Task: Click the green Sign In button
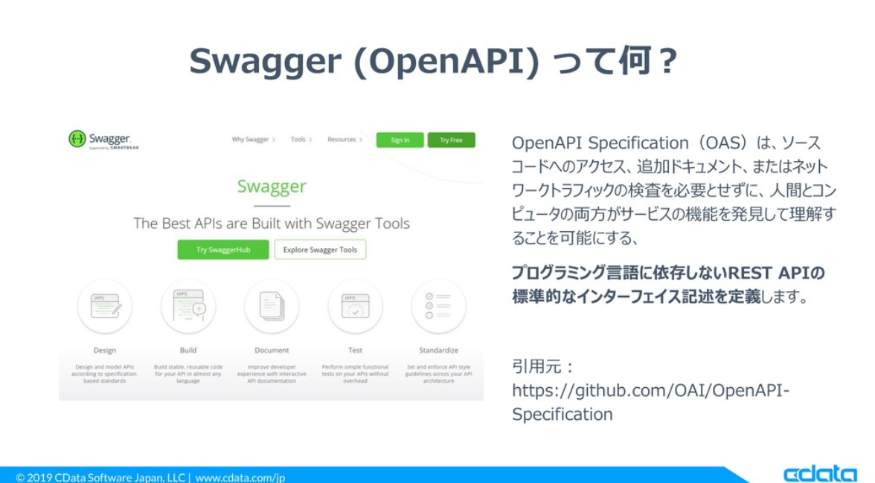click(x=400, y=140)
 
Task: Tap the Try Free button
click(x=451, y=140)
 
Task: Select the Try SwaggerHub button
click(x=223, y=250)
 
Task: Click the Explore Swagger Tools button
click(x=320, y=250)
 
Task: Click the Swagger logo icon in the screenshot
click(x=77, y=139)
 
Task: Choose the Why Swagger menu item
click(x=251, y=140)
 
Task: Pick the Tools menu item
click(x=299, y=140)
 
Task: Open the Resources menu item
click(x=342, y=140)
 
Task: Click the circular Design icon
click(x=105, y=307)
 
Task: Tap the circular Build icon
click(x=188, y=307)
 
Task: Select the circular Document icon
click(x=272, y=307)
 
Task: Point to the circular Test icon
click(x=355, y=307)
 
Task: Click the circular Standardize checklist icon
click(x=438, y=307)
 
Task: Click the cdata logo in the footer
click(x=819, y=473)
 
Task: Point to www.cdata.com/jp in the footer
click(x=240, y=477)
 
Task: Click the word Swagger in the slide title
click(x=265, y=62)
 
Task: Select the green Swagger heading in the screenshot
click(x=272, y=186)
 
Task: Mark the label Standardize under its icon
click(x=438, y=350)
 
